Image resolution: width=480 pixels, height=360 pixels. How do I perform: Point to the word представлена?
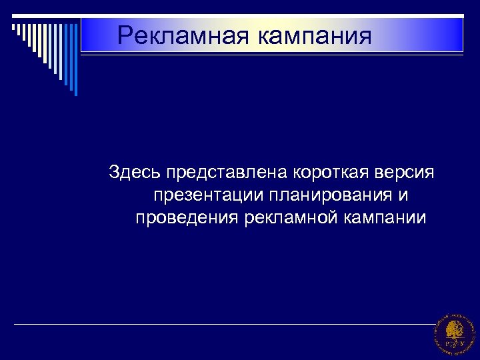point(227,175)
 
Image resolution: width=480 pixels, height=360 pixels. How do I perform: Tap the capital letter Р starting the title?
point(124,35)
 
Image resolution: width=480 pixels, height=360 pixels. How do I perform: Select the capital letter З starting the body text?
point(115,173)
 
